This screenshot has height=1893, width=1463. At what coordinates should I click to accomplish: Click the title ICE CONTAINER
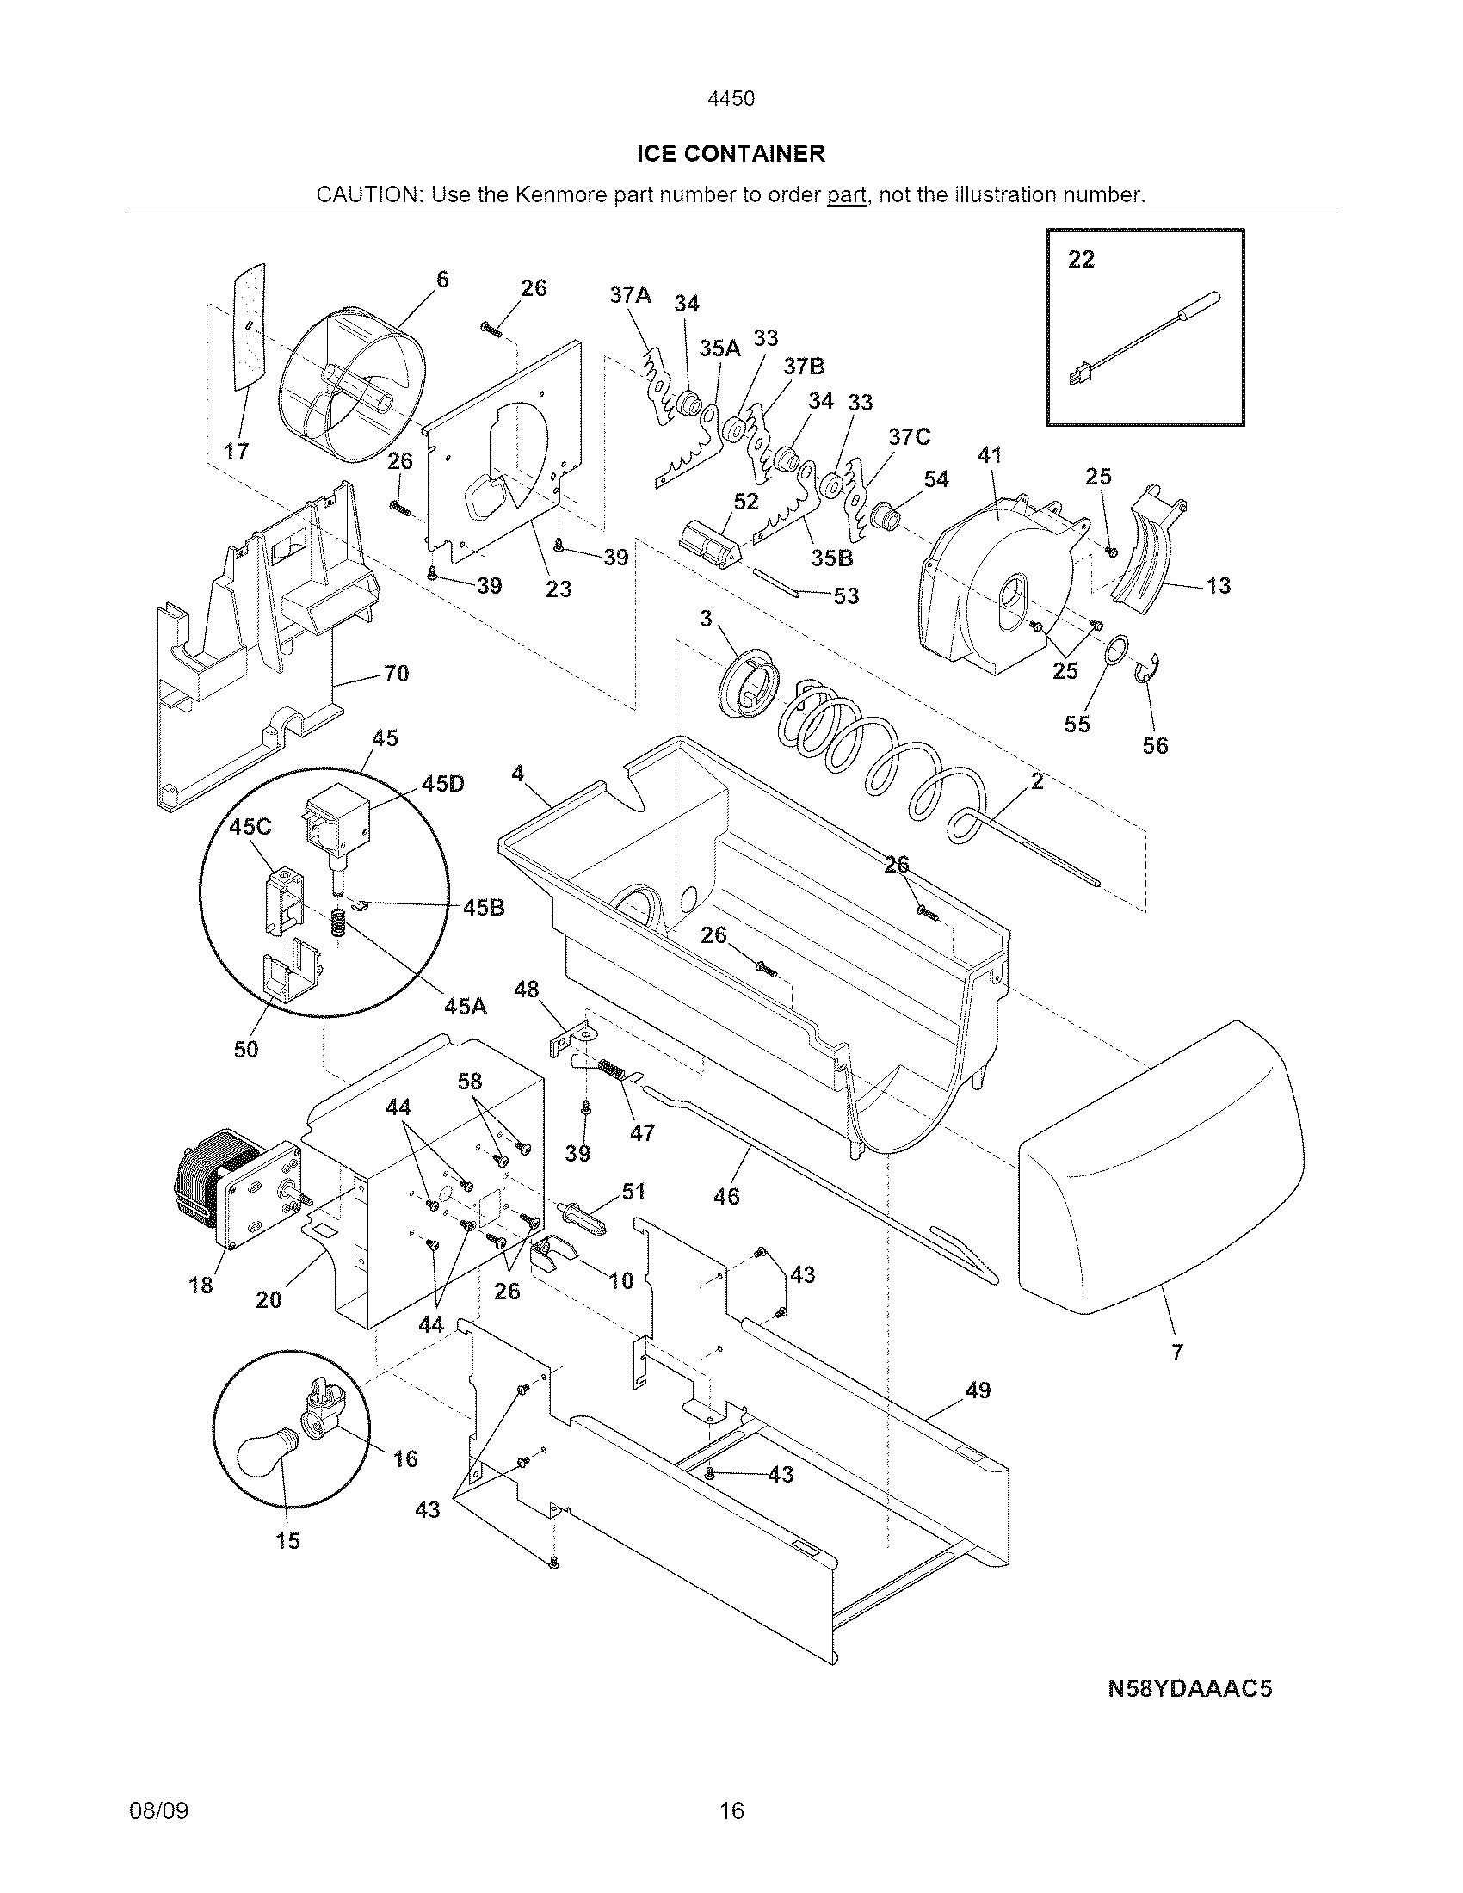coord(731,154)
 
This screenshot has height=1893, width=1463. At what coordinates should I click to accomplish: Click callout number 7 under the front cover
coord(1177,1352)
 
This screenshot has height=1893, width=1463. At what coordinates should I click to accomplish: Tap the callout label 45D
coord(443,784)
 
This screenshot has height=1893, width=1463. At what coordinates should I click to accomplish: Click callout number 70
coord(396,674)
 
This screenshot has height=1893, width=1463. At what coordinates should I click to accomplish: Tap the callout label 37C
coord(909,437)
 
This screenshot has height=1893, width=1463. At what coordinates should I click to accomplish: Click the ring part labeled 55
coord(1117,647)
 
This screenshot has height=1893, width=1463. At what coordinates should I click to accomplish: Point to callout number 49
coord(978,1390)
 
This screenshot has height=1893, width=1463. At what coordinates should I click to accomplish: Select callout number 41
coord(990,455)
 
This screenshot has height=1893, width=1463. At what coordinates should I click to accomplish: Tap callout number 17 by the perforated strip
coord(236,452)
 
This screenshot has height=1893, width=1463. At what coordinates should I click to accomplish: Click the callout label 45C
coord(250,827)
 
